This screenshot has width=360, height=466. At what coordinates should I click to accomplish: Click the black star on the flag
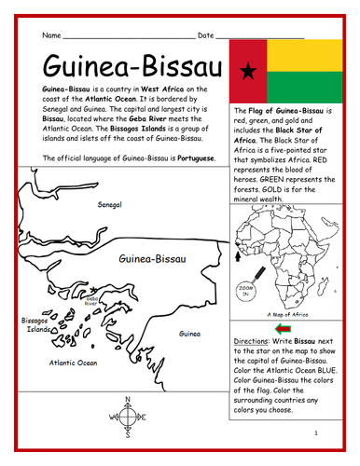[x=248, y=70]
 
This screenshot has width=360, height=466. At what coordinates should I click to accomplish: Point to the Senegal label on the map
[x=114, y=202]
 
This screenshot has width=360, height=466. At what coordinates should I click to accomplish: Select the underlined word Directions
[x=253, y=342]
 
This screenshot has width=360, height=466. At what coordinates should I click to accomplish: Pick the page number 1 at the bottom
[x=316, y=432]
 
